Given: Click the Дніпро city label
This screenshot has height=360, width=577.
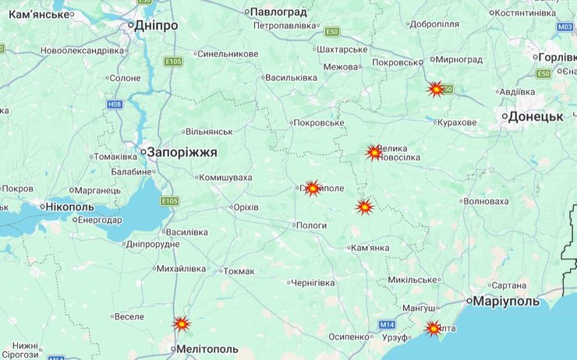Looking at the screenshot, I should tap(156, 26).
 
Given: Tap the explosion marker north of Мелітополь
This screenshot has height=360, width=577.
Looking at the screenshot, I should tap(182, 323).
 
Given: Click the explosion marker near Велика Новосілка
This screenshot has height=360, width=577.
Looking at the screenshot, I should tap(374, 153).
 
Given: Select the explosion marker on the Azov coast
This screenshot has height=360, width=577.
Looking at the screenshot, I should tap(433, 329).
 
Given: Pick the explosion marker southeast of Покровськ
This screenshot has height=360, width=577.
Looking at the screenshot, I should tap(436, 89).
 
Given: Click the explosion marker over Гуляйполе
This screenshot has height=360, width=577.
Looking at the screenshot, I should tap(313, 188).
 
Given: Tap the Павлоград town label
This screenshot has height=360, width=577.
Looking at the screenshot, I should tap(279, 12).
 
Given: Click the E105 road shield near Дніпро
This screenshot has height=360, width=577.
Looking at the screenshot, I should tap(173, 61).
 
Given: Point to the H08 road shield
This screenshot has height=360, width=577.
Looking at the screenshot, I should tap(115, 103).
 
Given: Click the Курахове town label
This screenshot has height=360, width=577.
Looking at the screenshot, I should tap(457, 122).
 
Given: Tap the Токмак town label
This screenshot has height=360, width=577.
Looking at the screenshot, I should tap(239, 271).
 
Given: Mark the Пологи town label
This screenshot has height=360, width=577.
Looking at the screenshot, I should tap(310, 225).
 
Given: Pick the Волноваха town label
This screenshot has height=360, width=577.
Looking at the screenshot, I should tap(485, 201).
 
